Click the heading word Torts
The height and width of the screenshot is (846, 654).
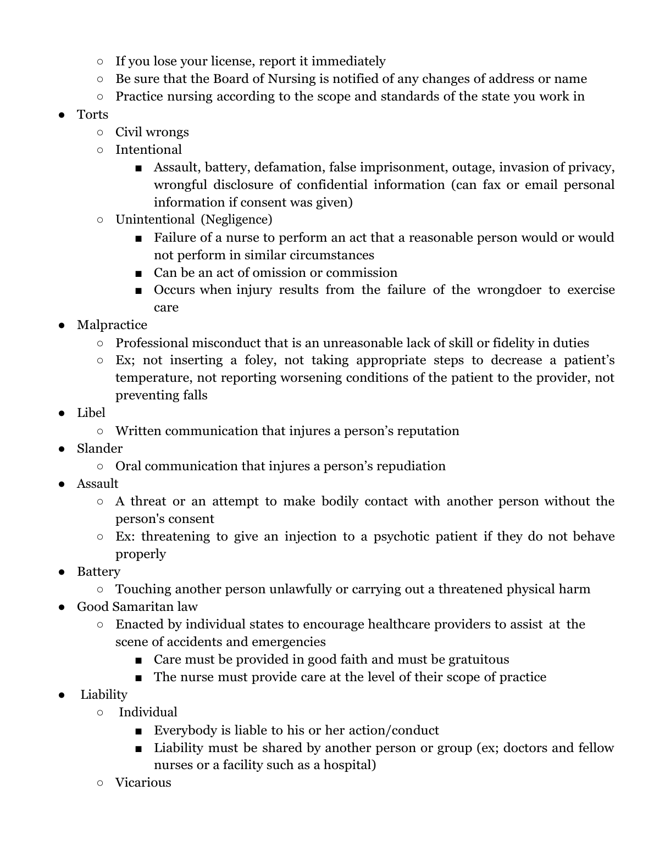coord(92,114)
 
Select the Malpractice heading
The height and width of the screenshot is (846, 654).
coord(112,325)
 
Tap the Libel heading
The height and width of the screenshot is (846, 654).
coord(91,413)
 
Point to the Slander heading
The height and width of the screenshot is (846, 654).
coord(99,448)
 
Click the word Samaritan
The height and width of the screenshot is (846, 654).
coord(143,606)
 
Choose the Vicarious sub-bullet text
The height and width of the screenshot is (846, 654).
coord(143,782)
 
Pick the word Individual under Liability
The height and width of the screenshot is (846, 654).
coord(148,712)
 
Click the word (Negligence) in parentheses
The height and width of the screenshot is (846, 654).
coord(236,220)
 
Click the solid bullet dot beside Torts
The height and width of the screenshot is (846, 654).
coord(62,115)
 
